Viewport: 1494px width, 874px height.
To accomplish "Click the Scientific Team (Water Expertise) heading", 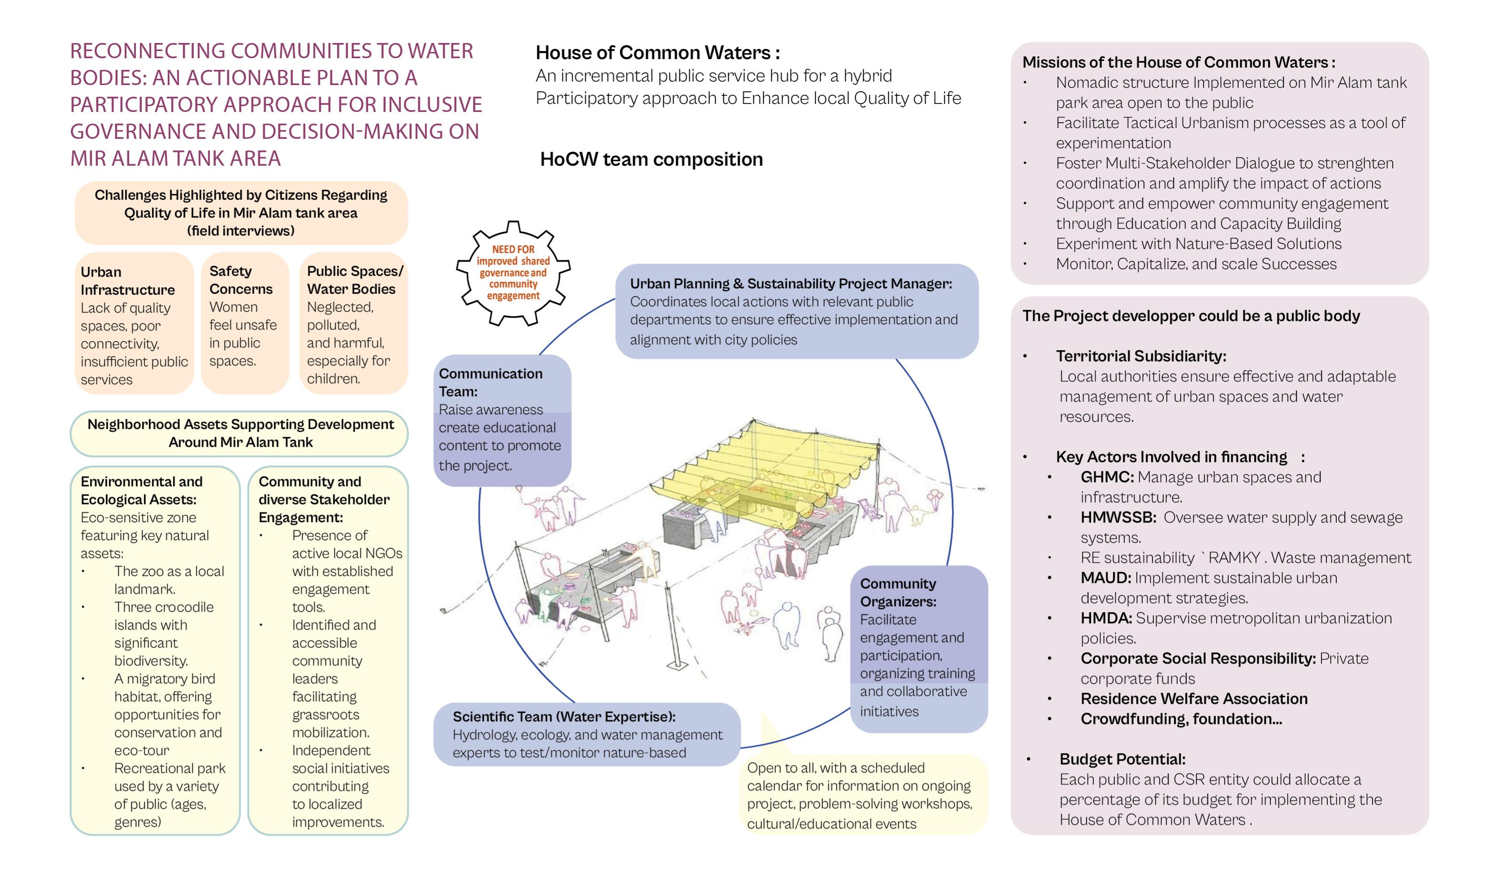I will coord(564,716).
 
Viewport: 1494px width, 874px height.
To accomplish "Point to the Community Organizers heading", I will coord(898,592).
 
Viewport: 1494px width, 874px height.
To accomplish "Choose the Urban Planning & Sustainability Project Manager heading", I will coord(791,284).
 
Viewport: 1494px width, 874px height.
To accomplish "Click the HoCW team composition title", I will coord(651,159).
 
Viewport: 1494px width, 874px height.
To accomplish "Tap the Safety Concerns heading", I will coord(241,280).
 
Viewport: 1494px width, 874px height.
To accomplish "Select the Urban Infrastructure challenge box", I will coord(134,324).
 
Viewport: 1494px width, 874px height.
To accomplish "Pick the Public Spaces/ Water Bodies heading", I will coord(354,280).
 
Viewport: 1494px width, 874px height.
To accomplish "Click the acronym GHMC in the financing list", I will coord(1106,477).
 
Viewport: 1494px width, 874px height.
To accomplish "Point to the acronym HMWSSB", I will coord(1118,517).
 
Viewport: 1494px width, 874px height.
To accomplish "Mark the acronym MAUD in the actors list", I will coord(1105,578).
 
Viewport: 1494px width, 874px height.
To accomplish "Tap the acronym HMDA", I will coord(1105,618).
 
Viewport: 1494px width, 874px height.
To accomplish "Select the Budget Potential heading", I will coord(1122,759).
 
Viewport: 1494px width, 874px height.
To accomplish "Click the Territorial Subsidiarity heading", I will coord(1140,356).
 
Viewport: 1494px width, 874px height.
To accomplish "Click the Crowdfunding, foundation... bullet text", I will coord(1181,719).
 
